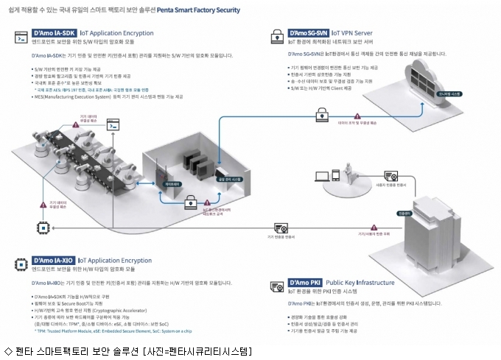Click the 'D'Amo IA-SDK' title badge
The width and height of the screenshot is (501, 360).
coord(54,34)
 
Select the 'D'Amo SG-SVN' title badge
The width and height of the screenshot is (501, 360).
coord(309,34)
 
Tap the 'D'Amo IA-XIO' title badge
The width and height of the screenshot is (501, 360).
coord(54,260)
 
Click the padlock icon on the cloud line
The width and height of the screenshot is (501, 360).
coord(322,115)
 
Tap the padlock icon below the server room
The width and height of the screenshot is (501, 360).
coord(189,200)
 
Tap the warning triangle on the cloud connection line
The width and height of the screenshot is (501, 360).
coord(357,116)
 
